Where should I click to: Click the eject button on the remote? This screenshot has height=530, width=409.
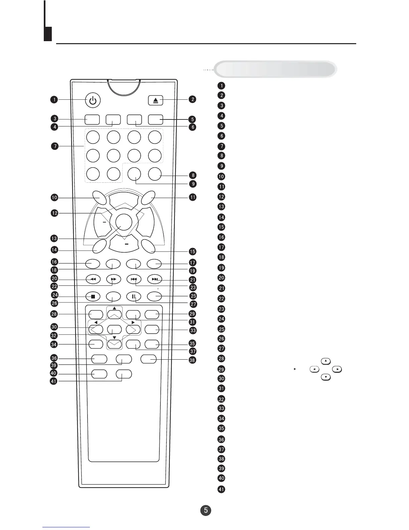(x=155, y=100)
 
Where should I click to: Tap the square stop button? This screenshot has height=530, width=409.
(x=93, y=296)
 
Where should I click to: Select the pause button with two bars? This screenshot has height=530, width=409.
(x=134, y=296)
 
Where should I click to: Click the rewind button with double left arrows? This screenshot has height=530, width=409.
(x=93, y=279)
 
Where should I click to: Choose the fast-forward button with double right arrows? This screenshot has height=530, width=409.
(x=113, y=279)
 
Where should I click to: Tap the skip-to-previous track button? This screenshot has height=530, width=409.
(x=134, y=279)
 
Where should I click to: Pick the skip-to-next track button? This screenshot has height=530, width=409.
(x=154, y=279)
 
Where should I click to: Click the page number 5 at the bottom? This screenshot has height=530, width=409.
(x=206, y=510)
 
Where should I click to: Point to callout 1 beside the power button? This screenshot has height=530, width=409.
(x=54, y=99)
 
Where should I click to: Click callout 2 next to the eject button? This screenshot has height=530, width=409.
(x=192, y=99)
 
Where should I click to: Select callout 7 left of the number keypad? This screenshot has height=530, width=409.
(x=54, y=146)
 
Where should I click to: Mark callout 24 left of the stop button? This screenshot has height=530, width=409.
(x=54, y=295)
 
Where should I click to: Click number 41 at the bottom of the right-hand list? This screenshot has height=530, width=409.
(x=221, y=489)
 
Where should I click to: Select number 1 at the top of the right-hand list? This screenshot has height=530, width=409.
(x=221, y=86)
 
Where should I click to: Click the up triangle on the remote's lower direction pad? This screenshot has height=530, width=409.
(x=114, y=308)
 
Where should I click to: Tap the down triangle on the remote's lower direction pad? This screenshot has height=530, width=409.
(x=114, y=338)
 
